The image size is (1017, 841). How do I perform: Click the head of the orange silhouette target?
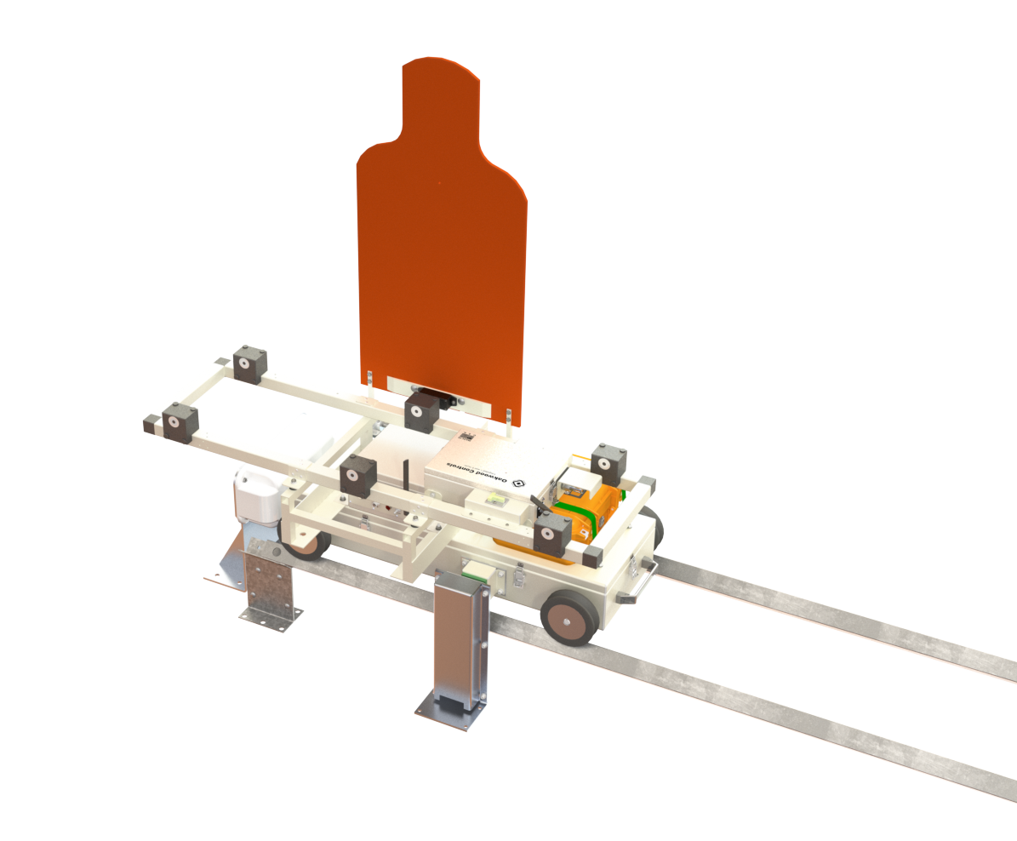(441, 97)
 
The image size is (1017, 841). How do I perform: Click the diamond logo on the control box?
(518, 483)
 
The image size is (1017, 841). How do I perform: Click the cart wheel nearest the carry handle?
(569, 617)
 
